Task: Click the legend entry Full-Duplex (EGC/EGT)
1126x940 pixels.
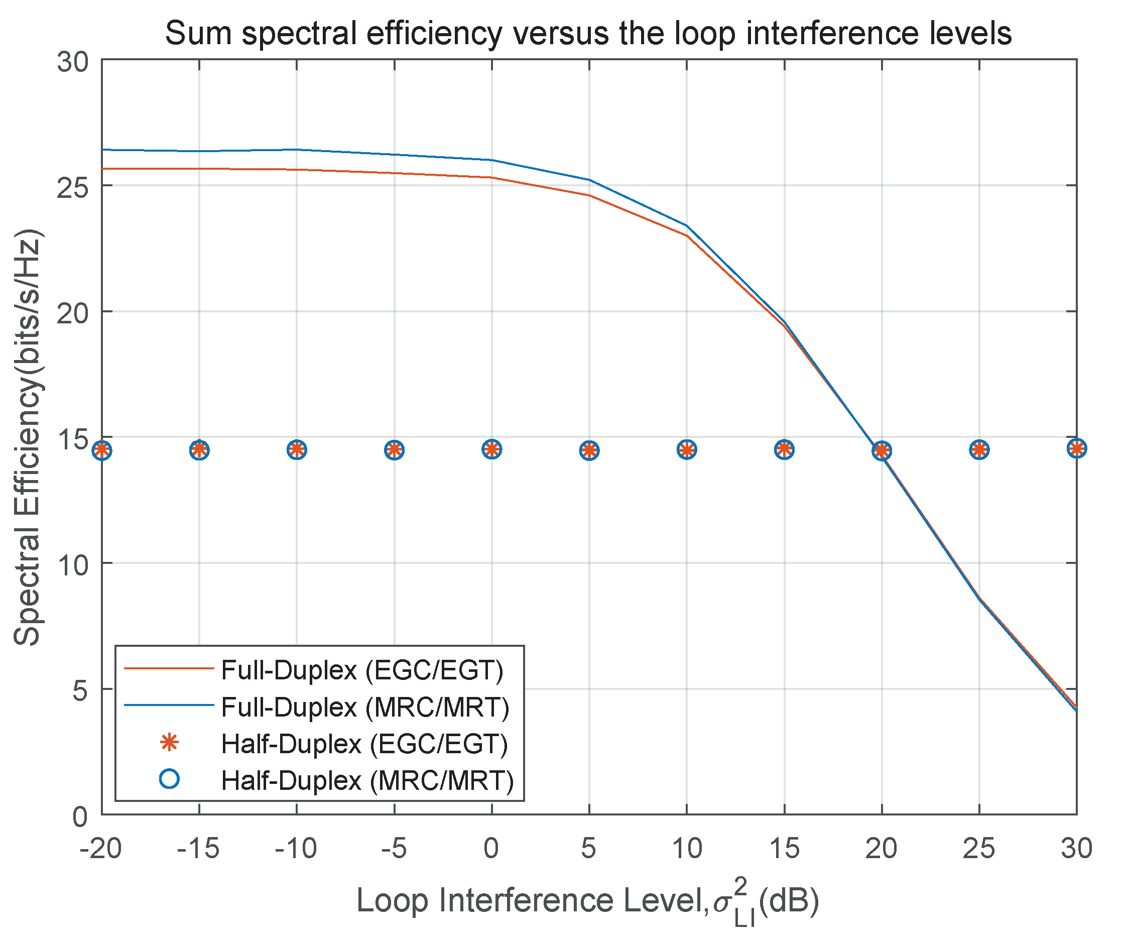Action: (362, 671)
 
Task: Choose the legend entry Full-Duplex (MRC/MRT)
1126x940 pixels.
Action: (364, 708)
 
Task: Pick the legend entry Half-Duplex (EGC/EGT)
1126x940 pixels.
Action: (364, 744)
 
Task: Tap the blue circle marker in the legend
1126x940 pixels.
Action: (170, 779)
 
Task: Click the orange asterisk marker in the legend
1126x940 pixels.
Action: (170, 743)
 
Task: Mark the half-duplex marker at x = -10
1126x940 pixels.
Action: (297, 450)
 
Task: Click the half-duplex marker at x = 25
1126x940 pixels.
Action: (979, 450)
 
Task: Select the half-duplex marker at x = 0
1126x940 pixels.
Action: (491, 449)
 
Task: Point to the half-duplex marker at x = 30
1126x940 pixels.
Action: (1076, 448)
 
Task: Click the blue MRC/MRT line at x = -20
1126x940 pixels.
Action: (103, 150)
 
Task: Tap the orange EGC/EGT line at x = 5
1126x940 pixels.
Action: (589, 195)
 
